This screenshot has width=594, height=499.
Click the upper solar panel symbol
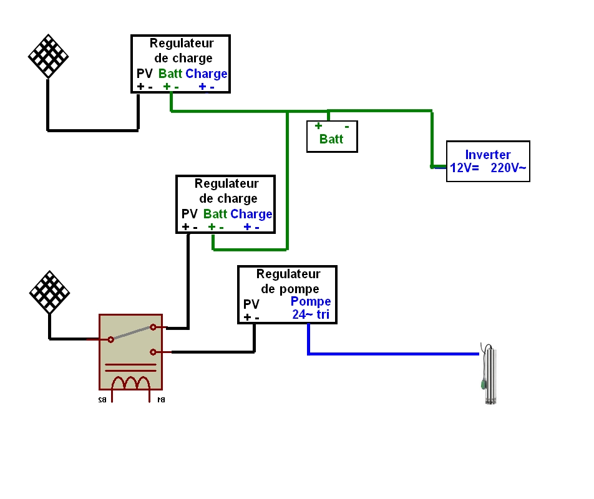coord(48,56)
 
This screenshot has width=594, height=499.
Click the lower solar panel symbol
coord(49,292)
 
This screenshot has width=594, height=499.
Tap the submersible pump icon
coord(492,374)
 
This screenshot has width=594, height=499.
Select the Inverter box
coord(488,162)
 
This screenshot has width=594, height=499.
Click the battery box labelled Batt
coord(333,136)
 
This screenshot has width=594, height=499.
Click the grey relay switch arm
coord(132,333)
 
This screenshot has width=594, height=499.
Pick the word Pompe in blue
coord(310,302)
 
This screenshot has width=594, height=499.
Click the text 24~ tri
coord(310,315)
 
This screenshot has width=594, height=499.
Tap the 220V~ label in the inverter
coord(509,168)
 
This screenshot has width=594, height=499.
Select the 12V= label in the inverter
coord(463,168)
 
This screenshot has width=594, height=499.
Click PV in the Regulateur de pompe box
coord(251,304)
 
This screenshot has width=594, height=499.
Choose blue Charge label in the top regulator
coord(207,74)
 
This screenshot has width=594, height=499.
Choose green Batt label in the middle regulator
coord(215,214)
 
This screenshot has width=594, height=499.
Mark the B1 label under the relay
coord(160,399)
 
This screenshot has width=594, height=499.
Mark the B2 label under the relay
coord(101,399)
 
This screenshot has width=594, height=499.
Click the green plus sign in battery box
coord(318,126)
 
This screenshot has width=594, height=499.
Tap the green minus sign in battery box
coord(347,126)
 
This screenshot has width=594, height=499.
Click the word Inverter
coord(488,155)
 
